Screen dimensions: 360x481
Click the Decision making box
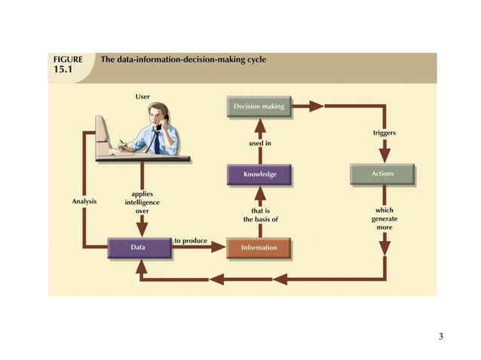[259, 107]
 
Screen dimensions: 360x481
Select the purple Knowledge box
[259, 175]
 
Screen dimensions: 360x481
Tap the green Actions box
[382, 174]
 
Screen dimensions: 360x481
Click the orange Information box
[259, 248]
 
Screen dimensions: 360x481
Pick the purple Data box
[138, 247]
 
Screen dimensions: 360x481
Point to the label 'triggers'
[384, 133]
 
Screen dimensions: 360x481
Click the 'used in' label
[261, 142]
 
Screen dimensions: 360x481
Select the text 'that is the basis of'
[260, 215]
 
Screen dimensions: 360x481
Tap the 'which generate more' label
[384, 218]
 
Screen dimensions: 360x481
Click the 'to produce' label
[190, 240]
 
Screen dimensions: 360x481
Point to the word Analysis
[84, 201]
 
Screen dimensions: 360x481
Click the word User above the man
[142, 96]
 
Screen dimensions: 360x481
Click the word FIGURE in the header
[68, 59]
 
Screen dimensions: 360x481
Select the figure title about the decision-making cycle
[183, 59]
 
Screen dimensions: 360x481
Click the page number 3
[441, 335]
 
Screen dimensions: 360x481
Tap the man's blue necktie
[157, 141]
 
